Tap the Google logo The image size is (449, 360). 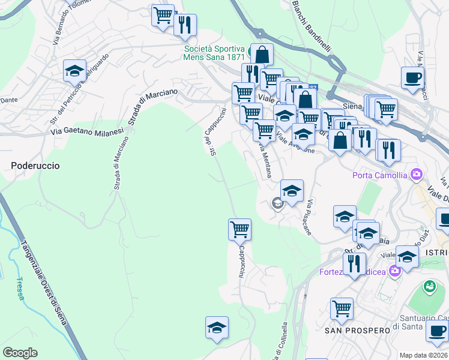(x=20, y=353)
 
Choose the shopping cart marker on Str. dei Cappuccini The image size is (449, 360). (x=240, y=229)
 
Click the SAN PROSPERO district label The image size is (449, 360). (x=349, y=331)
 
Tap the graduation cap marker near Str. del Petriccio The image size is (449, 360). (x=74, y=70)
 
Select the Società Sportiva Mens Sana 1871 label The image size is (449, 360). (x=214, y=53)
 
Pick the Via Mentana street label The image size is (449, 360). (x=265, y=160)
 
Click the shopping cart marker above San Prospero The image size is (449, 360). (x=342, y=308)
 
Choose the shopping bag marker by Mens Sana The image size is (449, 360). (x=262, y=54)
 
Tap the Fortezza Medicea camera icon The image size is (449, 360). (x=394, y=271)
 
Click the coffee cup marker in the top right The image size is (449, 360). (x=412, y=77)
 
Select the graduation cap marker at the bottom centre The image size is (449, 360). (x=217, y=327)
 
